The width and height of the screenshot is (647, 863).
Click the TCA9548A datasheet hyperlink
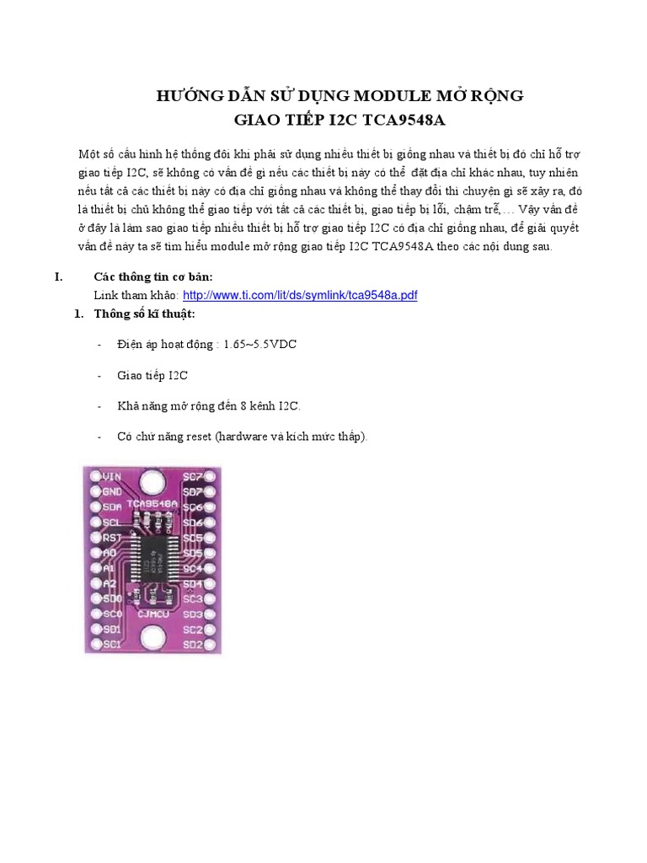coord(300,295)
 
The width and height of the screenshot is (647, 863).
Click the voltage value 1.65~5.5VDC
coord(259,346)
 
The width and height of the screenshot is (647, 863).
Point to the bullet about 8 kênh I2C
coord(209,406)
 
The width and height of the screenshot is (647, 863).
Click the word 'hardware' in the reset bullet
coord(243,437)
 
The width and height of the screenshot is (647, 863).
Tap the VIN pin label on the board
coord(112,476)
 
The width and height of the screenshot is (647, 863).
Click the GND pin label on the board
coord(112,491)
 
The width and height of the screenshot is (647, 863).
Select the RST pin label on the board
coord(112,537)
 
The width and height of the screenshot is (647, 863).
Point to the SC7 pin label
coord(193,476)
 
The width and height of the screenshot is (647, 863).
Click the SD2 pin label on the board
coord(193,646)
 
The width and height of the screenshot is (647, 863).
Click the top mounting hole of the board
coord(152,482)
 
